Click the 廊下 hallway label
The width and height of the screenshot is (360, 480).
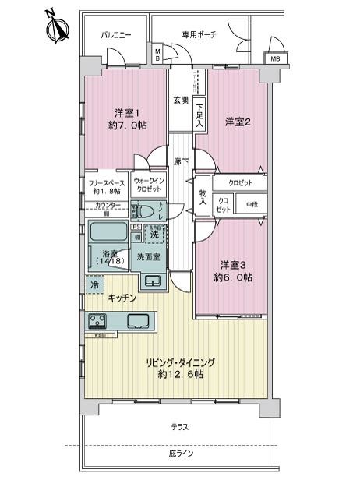[181, 161]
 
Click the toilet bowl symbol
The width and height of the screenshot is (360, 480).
[146, 211]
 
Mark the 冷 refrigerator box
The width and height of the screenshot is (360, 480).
[94, 285]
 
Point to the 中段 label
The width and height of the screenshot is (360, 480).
[251, 205]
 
